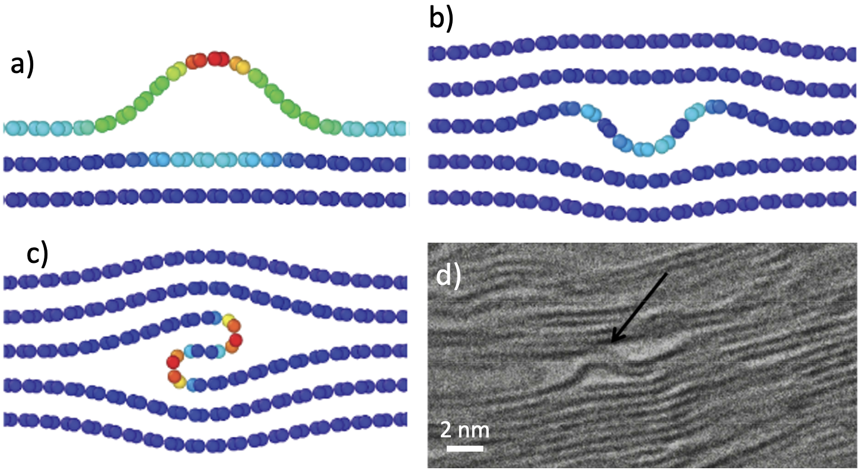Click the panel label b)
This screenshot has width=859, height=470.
441,19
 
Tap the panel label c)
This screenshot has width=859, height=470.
37,255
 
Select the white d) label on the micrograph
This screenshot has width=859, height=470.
448,275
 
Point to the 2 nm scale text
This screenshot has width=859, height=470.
465,430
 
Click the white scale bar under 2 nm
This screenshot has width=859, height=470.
465,448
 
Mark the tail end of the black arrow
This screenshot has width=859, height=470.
667,273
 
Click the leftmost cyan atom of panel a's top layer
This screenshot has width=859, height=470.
11,128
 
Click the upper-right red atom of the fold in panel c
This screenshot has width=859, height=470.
236,340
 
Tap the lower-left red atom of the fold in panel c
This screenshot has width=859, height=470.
173,362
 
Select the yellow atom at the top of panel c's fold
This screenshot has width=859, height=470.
228,320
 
